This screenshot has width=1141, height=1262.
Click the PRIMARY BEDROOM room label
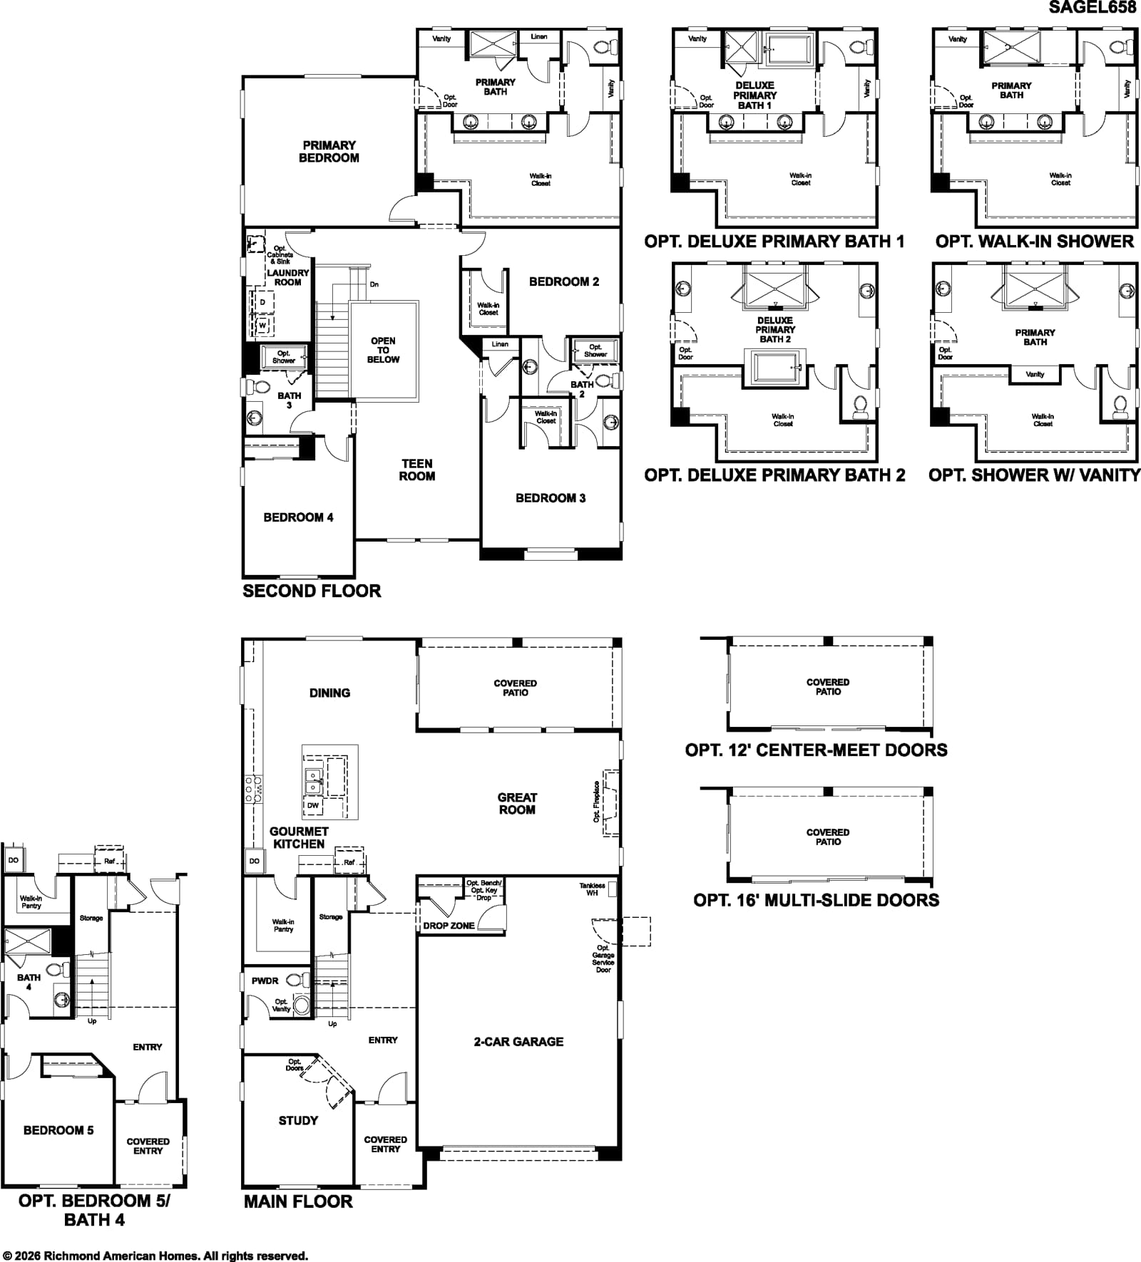coord(329,152)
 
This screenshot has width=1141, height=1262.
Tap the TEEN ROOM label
coord(417,470)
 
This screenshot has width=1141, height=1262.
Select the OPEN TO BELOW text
coord(384,350)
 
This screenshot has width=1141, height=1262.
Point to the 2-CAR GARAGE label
coord(518,1042)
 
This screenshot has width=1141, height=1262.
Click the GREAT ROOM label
coord(517,804)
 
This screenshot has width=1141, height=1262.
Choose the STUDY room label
coord(298,1121)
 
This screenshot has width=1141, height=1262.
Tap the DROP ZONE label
coord(449,926)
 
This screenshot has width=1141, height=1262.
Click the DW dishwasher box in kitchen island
coord(313,805)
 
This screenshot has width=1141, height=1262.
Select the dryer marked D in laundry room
coord(262,302)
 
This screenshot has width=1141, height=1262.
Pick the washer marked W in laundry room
coord(262,325)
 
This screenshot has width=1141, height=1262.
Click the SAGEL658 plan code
coord(1093,7)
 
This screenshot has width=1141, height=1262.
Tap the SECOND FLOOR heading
coord(312,591)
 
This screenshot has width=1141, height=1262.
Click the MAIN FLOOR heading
coord(298,1201)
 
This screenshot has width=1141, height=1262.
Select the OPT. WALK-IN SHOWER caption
coord(1035,242)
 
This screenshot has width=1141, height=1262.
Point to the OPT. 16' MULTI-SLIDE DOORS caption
coord(817,900)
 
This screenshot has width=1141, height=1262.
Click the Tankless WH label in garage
coord(592,889)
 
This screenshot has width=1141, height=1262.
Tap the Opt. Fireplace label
coord(596,801)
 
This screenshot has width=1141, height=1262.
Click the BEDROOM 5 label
coord(58,1130)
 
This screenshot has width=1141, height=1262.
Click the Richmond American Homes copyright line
coord(155,1256)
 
